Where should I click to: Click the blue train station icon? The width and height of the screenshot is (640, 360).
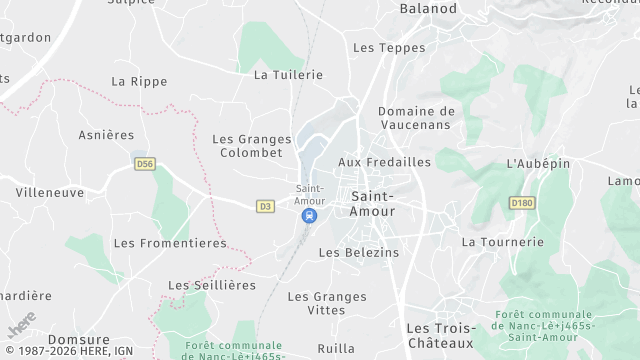(x=310, y=215)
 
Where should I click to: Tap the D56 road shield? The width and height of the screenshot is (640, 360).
(x=145, y=162)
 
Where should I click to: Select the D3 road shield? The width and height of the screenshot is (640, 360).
(x=265, y=207)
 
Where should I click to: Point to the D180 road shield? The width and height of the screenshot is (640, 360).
(x=521, y=203)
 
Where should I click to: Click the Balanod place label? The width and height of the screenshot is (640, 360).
(x=428, y=9)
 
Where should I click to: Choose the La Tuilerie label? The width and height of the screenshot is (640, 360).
(x=289, y=75)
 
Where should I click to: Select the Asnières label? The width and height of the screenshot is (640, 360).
(x=106, y=135)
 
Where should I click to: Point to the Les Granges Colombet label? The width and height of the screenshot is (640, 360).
(x=252, y=146)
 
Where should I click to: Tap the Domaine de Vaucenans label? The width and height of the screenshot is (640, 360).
(x=417, y=118)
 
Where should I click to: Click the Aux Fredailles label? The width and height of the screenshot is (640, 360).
(x=385, y=162)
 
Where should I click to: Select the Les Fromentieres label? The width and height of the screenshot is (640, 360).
(x=170, y=243)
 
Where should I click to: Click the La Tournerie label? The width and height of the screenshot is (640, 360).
(x=502, y=242)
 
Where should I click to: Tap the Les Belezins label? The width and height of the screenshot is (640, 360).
(x=359, y=253)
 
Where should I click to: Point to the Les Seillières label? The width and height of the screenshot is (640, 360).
(x=206, y=285)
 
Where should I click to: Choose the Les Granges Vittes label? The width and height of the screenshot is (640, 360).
(x=327, y=304)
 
